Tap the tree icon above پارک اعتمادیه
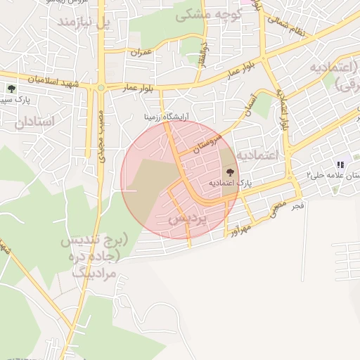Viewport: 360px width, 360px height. [x=230, y=172]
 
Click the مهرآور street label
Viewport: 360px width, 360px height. [x=241, y=227]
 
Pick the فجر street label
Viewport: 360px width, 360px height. [x=298, y=205]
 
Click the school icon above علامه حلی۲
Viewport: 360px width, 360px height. [x=340, y=165]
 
